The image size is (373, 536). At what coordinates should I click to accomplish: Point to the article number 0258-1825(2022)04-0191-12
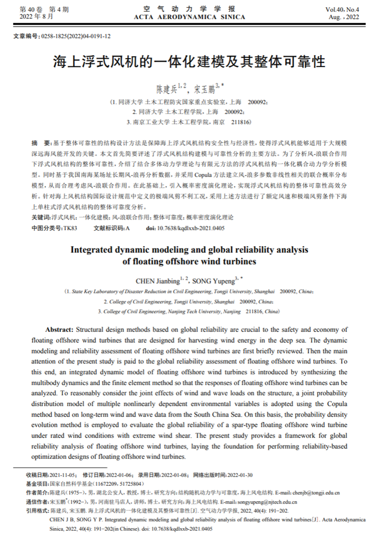tap(76, 36)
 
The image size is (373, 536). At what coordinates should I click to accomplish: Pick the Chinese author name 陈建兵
tap(166, 89)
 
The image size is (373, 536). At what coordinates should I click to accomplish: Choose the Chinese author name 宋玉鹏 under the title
tap(204, 89)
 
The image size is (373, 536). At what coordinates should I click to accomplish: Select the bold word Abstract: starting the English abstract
tap(59, 329)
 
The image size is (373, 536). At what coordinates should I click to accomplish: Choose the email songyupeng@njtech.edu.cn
tap(268, 502)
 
